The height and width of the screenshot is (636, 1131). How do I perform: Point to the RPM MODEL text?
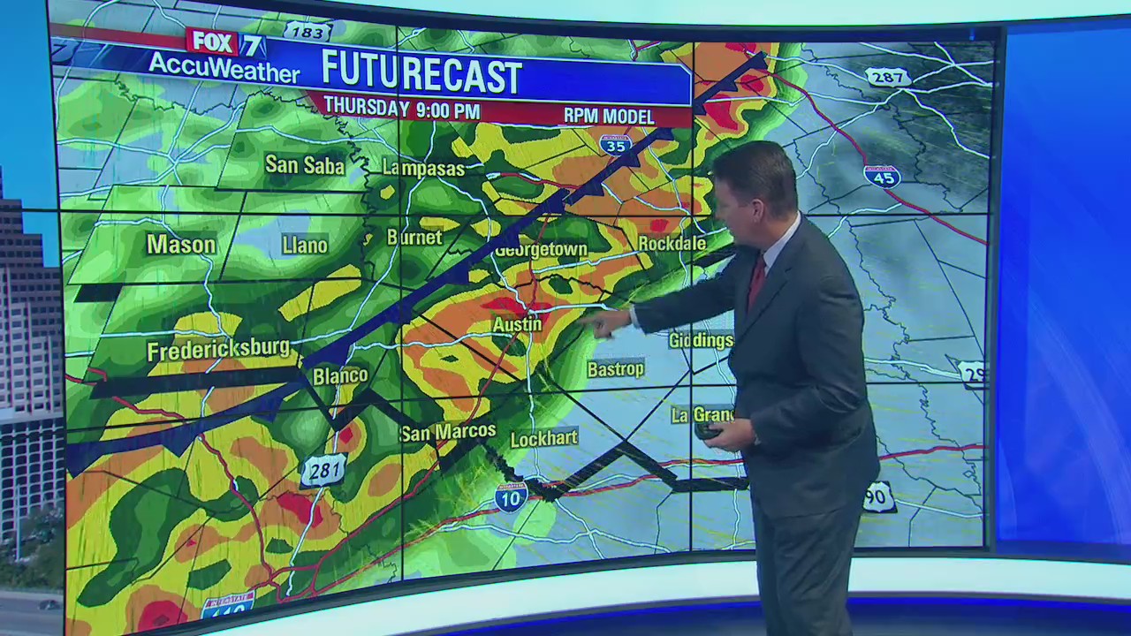tap(609, 116)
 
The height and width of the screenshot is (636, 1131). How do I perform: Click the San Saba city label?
tap(305, 164)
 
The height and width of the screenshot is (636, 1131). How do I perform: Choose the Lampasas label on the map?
tap(423, 168)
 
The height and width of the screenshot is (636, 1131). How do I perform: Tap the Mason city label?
tap(181, 245)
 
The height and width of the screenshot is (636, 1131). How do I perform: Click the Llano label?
tap(305, 246)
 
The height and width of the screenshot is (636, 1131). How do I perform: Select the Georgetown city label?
tap(541, 250)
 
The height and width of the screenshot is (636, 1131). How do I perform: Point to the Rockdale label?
tap(672, 244)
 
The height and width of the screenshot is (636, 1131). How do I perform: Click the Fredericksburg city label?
tap(218, 350)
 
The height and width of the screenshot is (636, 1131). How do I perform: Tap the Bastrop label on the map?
tap(615, 369)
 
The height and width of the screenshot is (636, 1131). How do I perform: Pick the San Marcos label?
tap(448, 432)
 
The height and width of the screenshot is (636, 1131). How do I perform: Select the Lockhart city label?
tap(544, 438)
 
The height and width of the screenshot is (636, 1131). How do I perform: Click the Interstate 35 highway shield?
tap(615, 144)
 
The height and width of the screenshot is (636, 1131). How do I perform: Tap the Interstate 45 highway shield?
tap(882, 176)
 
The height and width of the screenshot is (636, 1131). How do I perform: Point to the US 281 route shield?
tap(323, 471)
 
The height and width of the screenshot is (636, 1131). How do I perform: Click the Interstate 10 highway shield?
tap(511, 496)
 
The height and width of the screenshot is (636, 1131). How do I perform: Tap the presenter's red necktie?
tap(757, 281)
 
